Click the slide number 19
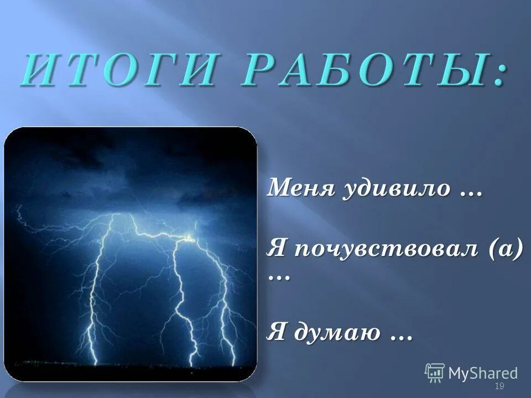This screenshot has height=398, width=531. tap(499, 386)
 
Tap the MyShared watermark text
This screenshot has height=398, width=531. tap(483, 373)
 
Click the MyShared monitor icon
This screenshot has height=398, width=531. tap(435, 373)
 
